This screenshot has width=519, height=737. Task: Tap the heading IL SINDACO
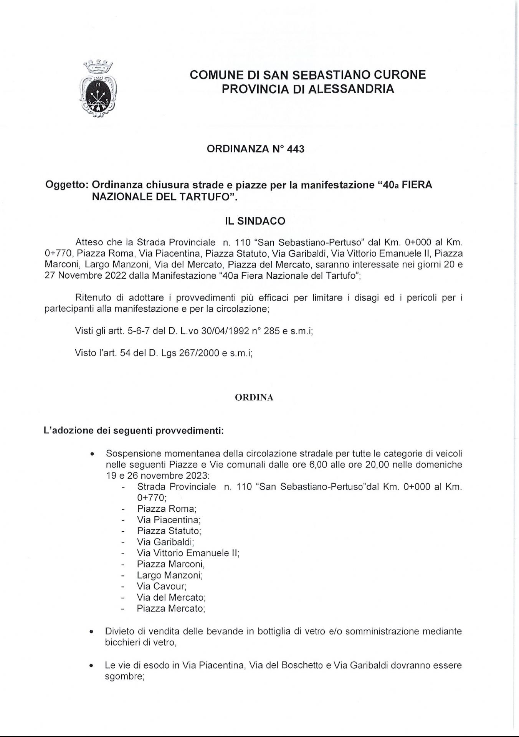click(x=255, y=221)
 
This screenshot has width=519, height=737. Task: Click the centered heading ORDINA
click(x=254, y=398)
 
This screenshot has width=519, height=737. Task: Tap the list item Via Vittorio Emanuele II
click(x=188, y=553)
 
